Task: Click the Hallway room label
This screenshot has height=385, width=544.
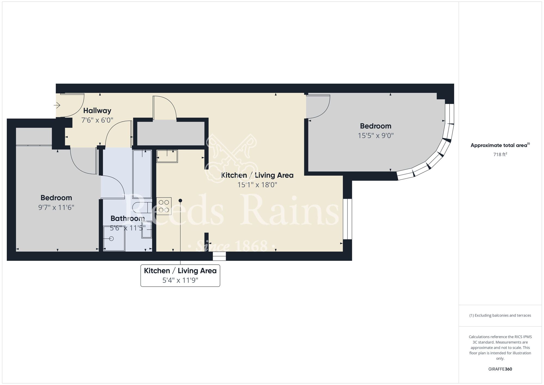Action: pyautogui.click(x=97, y=111)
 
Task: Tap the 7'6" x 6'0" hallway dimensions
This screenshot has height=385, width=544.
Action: pyautogui.click(x=97, y=120)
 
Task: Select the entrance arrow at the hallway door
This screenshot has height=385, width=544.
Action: pyautogui.click(x=57, y=105)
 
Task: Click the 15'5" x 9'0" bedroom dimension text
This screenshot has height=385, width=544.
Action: pyautogui.click(x=376, y=135)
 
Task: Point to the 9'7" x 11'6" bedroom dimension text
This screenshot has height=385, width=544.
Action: pyautogui.click(x=56, y=207)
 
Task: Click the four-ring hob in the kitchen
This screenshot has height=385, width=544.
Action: pyautogui.click(x=164, y=206)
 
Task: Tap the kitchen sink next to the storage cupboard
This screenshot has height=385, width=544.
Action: pyautogui.click(x=167, y=156)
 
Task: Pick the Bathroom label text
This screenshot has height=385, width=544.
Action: pyautogui.click(x=128, y=218)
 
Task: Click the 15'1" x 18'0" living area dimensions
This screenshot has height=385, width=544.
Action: pyautogui.click(x=257, y=185)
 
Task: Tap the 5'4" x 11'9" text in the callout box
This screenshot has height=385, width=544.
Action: pyautogui.click(x=180, y=280)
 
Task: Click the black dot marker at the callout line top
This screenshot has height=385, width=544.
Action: pyautogui.click(x=180, y=201)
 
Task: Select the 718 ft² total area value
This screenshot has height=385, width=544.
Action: pyautogui.click(x=500, y=154)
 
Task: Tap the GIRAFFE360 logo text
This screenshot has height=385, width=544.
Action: pyautogui.click(x=500, y=369)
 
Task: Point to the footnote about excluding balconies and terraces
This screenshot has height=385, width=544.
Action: pyautogui.click(x=500, y=315)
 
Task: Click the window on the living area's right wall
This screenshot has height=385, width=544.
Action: pyautogui.click(x=347, y=219)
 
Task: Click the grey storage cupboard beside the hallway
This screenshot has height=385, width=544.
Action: pyautogui.click(x=171, y=133)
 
